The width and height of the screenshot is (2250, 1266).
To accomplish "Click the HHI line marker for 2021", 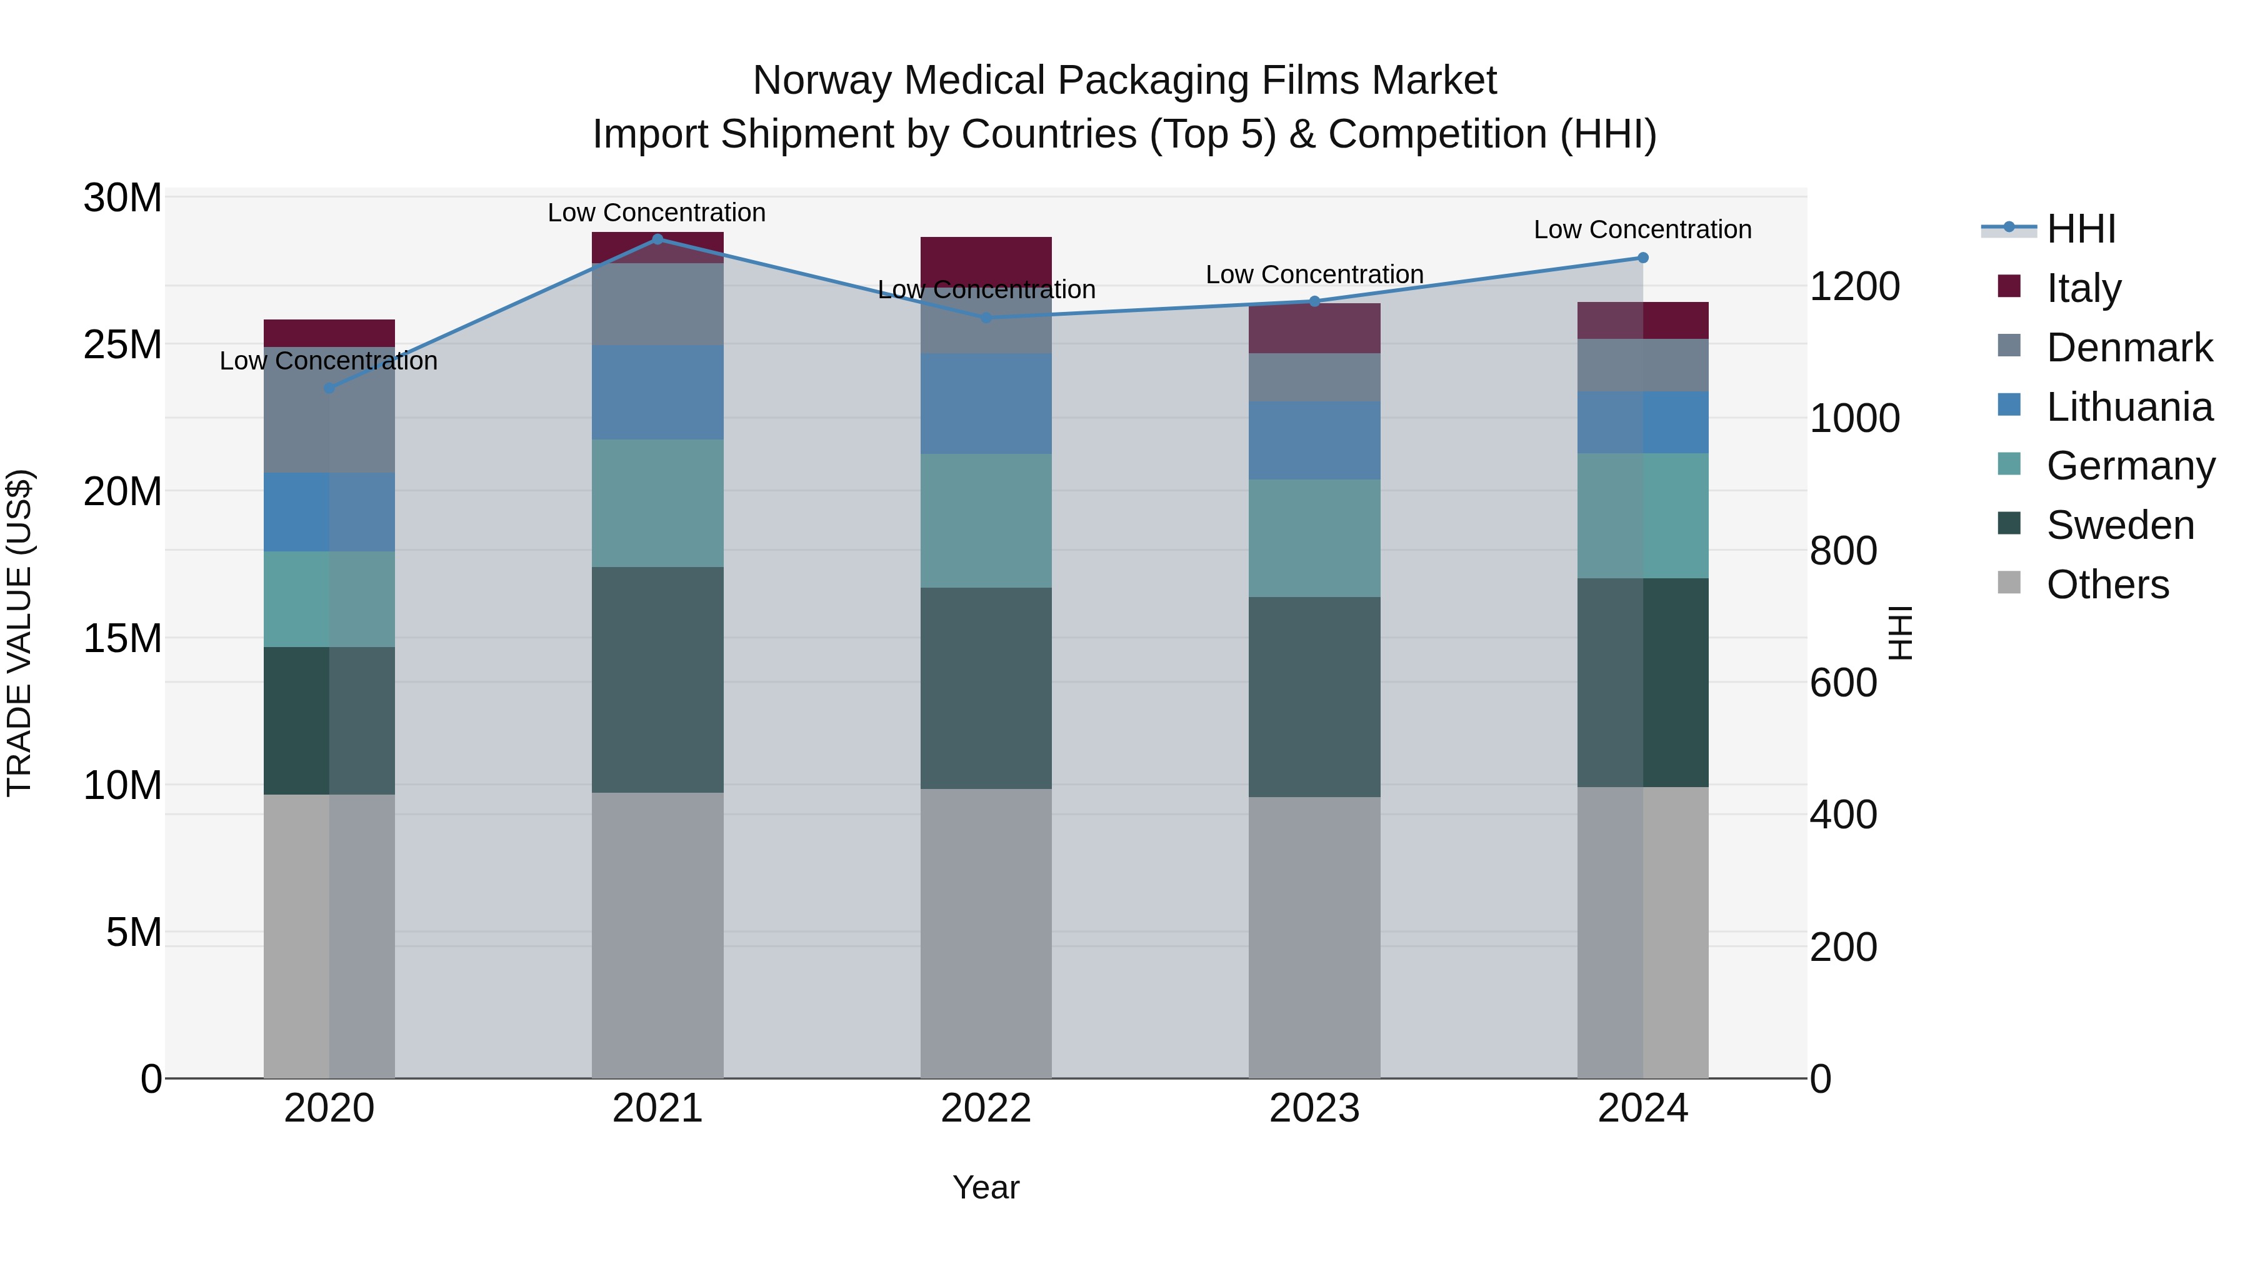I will (x=657, y=239).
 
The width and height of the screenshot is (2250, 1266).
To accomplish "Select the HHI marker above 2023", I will (x=1314, y=301).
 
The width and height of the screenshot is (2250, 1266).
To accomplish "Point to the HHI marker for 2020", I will (x=329, y=388).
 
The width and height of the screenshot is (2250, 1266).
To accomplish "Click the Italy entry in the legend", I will (x=2084, y=288).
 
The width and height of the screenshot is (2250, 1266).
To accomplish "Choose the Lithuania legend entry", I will (x=2129, y=406).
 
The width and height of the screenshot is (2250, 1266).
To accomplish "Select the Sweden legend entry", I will (x=2120, y=525).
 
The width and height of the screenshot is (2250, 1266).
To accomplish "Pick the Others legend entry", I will (x=2107, y=585).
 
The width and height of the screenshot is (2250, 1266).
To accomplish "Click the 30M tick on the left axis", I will (x=122, y=198).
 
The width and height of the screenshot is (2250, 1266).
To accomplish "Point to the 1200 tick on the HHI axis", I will (x=1854, y=286).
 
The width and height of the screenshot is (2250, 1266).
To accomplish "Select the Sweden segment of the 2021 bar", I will (x=657, y=680).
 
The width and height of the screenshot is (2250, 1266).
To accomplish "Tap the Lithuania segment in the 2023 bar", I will (x=1314, y=440).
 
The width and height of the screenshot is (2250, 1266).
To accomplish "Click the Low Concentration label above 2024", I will (x=1642, y=230).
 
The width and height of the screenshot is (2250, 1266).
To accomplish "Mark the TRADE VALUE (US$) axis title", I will (x=19, y=633).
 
